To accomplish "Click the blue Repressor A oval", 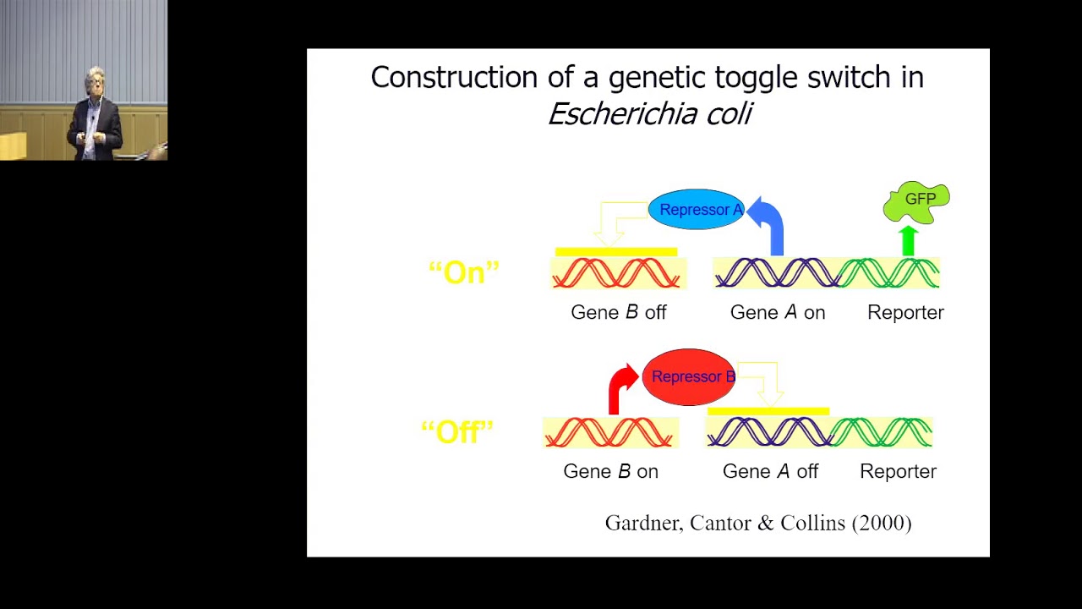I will click(697, 210).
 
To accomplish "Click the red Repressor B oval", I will click(689, 377).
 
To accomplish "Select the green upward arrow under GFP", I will click(909, 240).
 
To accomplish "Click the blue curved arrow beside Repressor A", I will click(769, 223).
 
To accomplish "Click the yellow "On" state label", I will click(464, 272).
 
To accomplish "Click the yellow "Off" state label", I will click(456, 432).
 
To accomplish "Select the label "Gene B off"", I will click(619, 312).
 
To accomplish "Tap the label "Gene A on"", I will click(777, 312).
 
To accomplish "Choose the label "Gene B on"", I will click(610, 471).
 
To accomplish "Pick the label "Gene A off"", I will click(770, 471).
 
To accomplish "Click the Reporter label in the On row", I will click(905, 312).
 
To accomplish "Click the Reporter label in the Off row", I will click(898, 471).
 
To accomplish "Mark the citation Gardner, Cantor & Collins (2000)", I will click(758, 523).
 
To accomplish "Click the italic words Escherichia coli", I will click(649, 113).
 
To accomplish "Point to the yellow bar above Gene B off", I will click(615, 251).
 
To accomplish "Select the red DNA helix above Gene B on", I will click(609, 432).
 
